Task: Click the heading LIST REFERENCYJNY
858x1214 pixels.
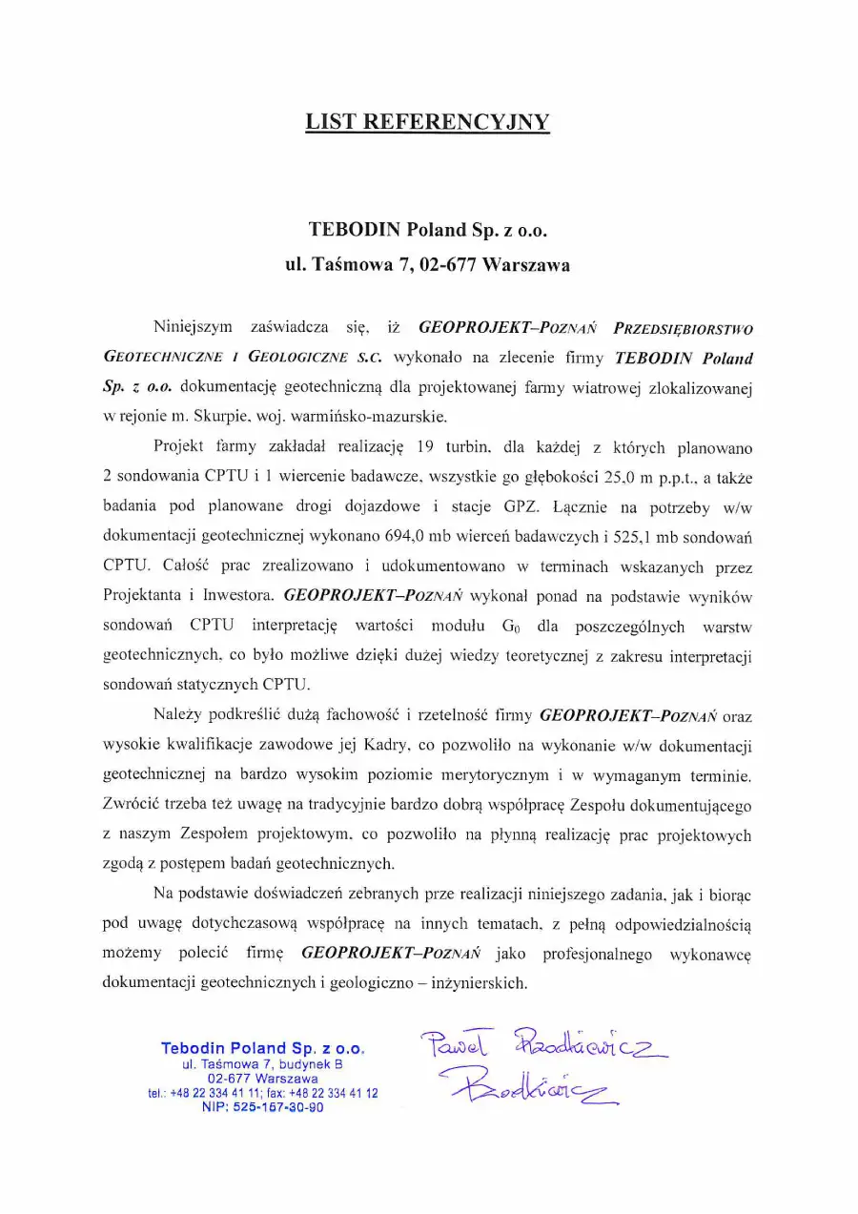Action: coord(428,122)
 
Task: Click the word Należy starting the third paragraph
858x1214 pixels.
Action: coord(177,713)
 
